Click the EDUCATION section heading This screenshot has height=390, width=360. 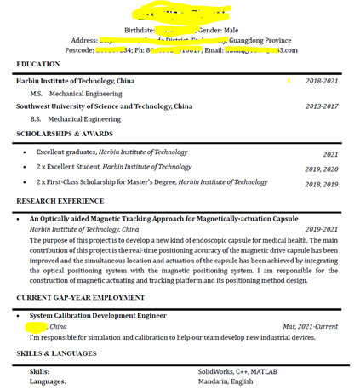point(38,64)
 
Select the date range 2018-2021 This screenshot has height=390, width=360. point(322,81)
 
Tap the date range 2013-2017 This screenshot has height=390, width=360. point(322,106)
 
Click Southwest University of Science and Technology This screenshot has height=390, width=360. point(104,106)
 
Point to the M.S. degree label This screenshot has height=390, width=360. point(37,93)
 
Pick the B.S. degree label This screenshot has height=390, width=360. point(36,119)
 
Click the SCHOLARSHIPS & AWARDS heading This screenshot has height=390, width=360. point(64,134)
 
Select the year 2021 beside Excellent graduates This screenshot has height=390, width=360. point(330,155)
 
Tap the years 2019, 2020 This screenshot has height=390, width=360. point(321,169)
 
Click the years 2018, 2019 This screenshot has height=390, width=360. point(321,184)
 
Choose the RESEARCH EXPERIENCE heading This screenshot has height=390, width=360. point(60,201)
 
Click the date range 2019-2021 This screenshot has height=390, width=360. point(322,229)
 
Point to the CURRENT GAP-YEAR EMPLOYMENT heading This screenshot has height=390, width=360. point(80,297)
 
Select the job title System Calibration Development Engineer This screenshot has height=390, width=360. point(98,315)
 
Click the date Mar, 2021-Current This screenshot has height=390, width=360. point(310,326)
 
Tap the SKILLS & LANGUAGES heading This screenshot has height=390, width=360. point(56,353)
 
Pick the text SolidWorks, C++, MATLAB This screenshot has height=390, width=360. point(237,371)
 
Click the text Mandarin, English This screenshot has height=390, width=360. point(226,381)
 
